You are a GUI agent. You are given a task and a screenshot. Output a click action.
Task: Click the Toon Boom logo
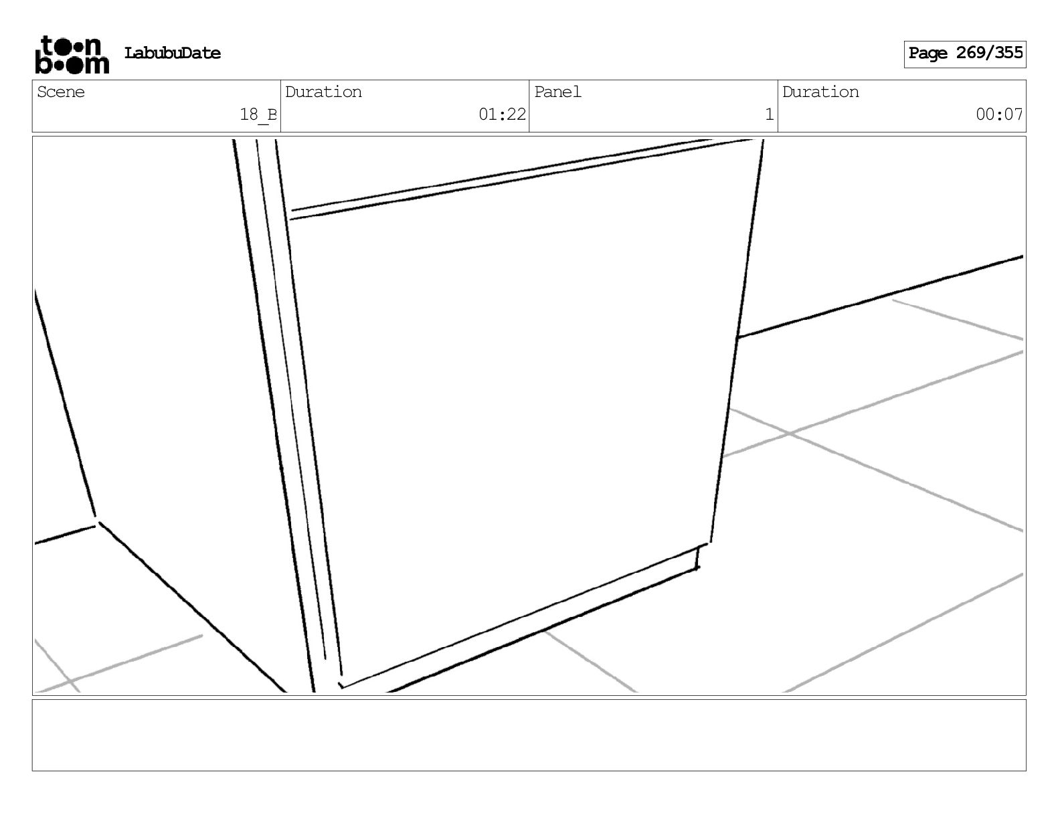point(72,54)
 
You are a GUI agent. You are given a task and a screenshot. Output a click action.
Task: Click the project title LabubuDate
point(172,54)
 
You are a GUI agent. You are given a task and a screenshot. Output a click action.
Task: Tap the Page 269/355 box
point(964,54)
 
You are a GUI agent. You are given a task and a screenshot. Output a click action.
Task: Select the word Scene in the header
point(61,92)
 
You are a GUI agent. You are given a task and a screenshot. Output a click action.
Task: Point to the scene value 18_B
point(258,114)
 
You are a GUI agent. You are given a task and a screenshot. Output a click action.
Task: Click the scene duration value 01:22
point(502,114)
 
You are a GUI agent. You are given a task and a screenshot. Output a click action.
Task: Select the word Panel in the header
point(557,92)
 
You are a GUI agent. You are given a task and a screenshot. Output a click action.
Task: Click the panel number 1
point(769,114)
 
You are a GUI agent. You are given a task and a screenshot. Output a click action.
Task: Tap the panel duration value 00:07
point(999,114)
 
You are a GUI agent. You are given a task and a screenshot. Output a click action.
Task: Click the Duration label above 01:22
point(323,92)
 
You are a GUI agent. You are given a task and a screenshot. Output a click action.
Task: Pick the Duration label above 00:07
point(820,92)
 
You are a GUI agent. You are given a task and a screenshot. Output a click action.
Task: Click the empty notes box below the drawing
point(529,735)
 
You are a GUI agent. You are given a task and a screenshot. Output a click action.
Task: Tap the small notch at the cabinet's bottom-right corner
point(699,557)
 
